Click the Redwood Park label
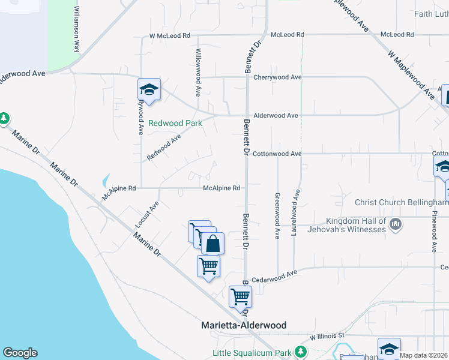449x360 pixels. [175, 123]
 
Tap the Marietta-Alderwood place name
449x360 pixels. [243, 325]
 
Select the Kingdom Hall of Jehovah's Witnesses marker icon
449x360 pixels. [395, 225]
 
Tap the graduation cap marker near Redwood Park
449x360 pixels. [149, 91]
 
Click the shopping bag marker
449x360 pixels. [212, 244]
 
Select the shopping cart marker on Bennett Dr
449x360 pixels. [241, 296]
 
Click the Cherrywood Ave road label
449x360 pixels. [277, 77]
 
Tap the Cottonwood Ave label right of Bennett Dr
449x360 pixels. [277, 154]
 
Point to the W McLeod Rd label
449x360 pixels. [170, 36]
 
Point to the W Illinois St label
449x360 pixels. [327, 337]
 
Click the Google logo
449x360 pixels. [20, 353]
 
